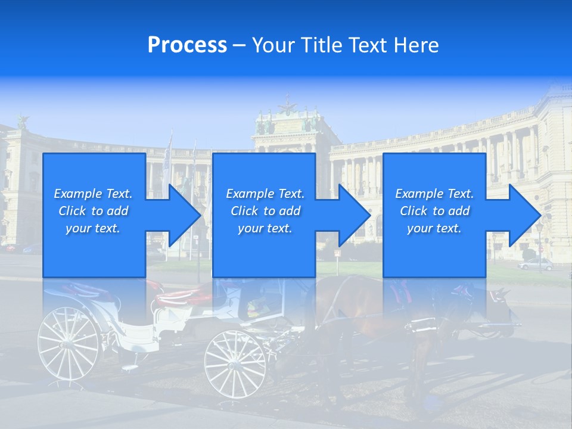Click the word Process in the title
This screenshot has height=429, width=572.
tap(187, 45)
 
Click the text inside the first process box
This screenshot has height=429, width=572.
tap(94, 211)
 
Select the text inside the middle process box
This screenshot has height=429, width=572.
tap(265, 211)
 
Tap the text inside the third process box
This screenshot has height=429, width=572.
tap(434, 211)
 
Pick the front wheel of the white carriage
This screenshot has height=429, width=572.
tap(235, 363)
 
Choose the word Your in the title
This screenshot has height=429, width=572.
tap(274, 45)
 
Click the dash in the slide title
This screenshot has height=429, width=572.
tap(240, 45)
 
